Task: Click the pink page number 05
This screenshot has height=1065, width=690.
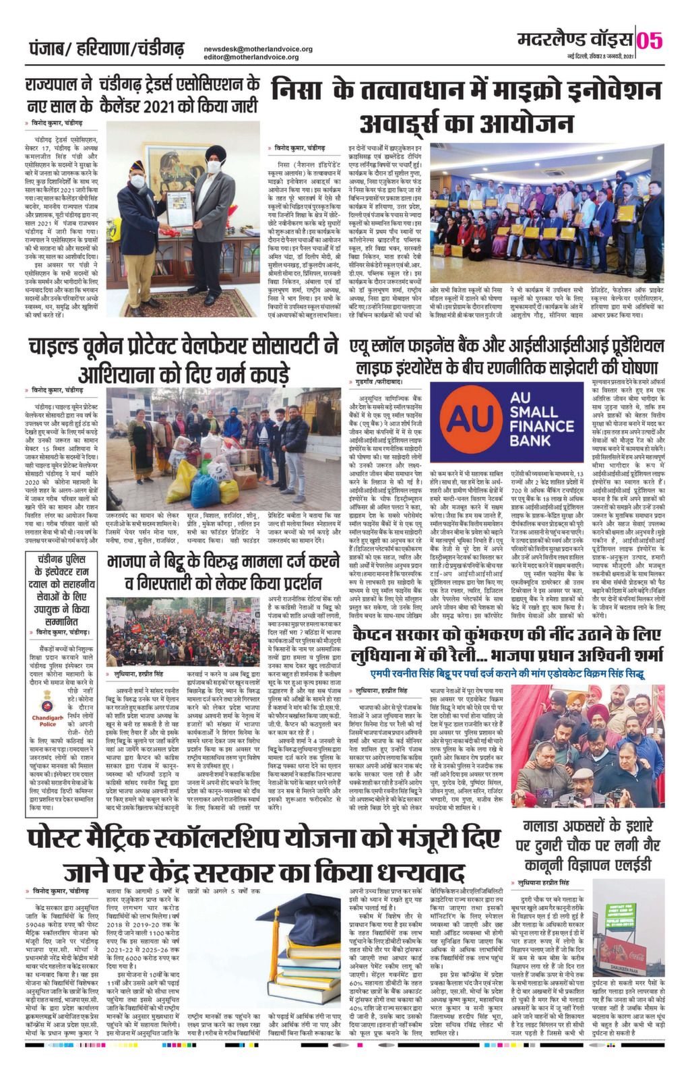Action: [x=652, y=40]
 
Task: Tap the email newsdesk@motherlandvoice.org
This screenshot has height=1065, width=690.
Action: [x=258, y=49]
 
